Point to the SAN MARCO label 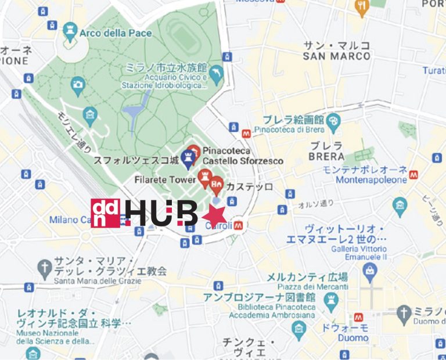[336, 56]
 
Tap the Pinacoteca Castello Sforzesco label [243, 156]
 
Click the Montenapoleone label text [371, 180]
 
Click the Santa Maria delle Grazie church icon [44, 268]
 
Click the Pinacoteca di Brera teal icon [333, 121]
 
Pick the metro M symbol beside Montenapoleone [413, 174]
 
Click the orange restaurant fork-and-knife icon [361, 6]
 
